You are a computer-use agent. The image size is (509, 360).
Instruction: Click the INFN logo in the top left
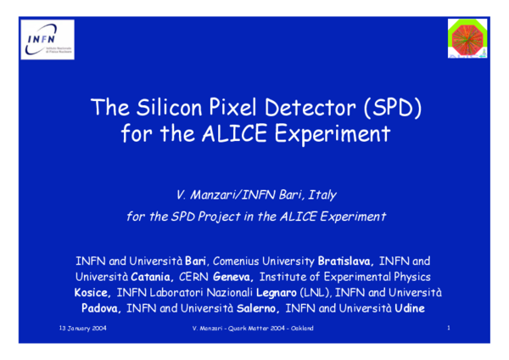click(x=46, y=40)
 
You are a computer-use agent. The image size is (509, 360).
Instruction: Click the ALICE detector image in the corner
click(x=465, y=40)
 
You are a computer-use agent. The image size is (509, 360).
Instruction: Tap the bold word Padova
click(x=102, y=307)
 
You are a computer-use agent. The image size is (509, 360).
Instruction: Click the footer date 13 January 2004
click(x=81, y=328)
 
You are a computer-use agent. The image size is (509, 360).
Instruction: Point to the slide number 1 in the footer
click(x=447, y=328)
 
